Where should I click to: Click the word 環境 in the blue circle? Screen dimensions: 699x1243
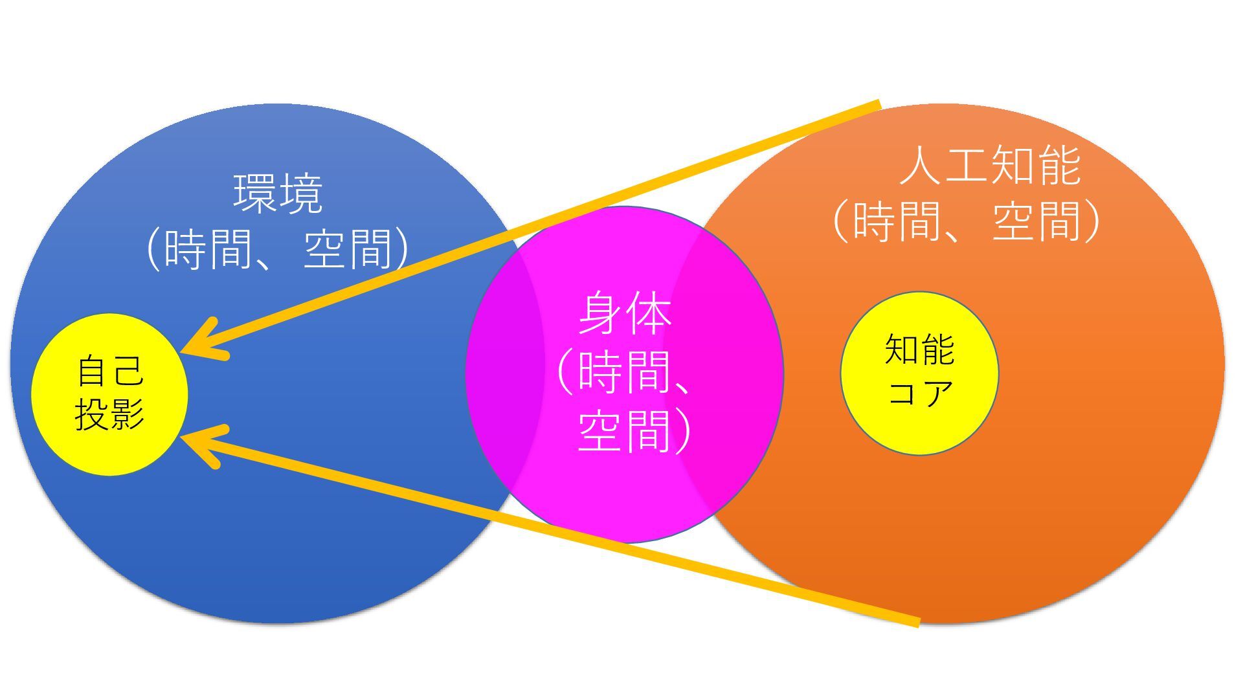[278, 194]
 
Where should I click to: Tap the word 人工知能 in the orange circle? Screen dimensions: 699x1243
[990, 166]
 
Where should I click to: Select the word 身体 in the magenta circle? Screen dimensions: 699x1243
[625, 314]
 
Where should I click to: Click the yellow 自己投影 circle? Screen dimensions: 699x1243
[109, 394]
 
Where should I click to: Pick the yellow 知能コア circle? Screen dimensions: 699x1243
[919, 373]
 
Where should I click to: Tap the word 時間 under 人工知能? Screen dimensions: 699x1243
[897, 221]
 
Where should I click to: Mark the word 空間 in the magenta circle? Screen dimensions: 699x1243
[625, 430]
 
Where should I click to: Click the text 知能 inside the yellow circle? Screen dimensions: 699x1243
[919, 350]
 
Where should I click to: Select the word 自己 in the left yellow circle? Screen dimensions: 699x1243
[109, 371]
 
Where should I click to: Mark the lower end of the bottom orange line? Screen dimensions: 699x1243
[917, 623]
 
